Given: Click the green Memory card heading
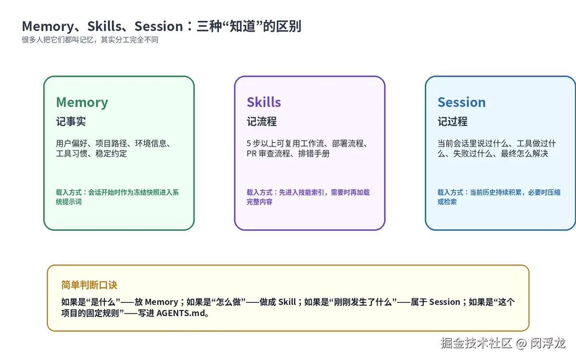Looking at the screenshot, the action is click(x=82, y=102).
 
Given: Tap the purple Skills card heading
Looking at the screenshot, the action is click(x=264, y=102).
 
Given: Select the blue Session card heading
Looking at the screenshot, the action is click(x=462, y=102).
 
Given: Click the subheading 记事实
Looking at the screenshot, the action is click(x=71, y=121).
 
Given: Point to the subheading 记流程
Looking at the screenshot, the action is click(x=262, y=121).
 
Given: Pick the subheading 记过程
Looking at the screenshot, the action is click(x=453, y=121).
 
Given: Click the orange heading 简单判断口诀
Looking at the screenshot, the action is click(x=89, y=285).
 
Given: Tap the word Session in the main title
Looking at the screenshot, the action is click(x=159, y=26).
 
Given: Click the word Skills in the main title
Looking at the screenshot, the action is click(x=105, y=26).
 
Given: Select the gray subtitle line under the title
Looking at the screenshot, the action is click(x=90, y=40).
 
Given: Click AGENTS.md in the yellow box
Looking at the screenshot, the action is click(x=181, y=313).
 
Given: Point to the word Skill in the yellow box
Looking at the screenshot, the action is click(x=287, y=302).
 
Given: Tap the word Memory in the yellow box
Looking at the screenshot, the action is click(x=161, y=302).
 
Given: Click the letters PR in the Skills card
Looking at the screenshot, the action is click(x=252, y=154).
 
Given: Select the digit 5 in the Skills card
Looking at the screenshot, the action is click(x=249, y=143).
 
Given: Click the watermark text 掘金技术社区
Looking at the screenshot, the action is click(x=476, y=343).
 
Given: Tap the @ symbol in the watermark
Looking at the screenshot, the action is click(x=521, y=344).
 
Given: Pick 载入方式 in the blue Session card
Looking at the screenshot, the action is click(x=451, y=192).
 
